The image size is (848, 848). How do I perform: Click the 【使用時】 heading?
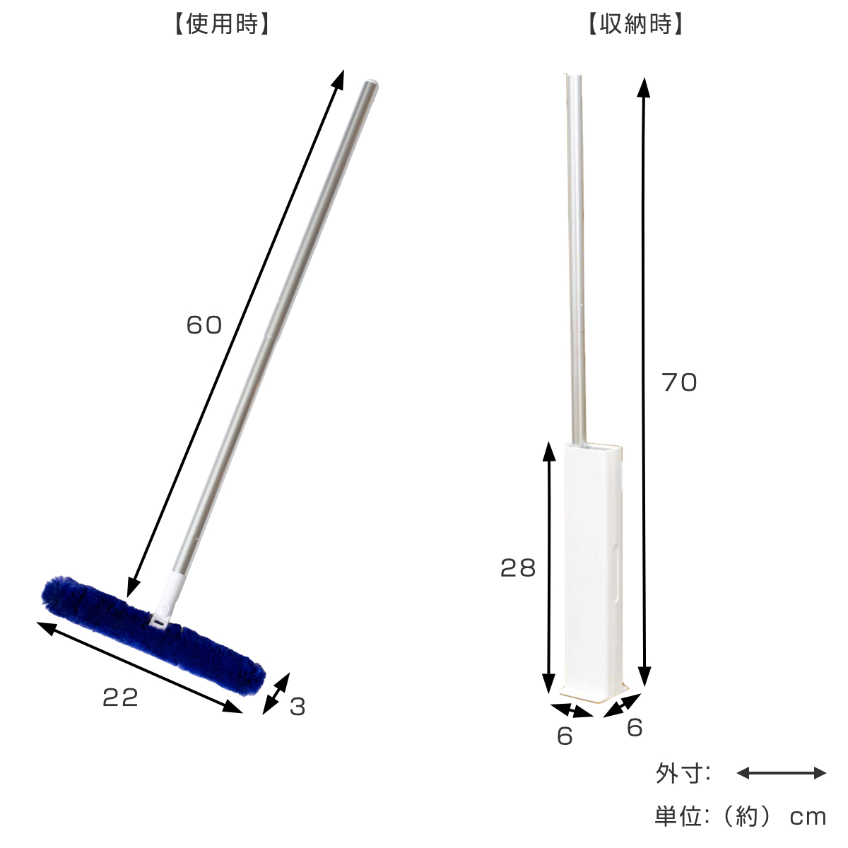point(222,24)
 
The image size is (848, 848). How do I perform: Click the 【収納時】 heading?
point(636,24)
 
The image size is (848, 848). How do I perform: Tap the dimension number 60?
point(204,325)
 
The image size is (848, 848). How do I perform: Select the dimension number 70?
point(679,382)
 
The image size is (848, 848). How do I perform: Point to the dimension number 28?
point(518,567)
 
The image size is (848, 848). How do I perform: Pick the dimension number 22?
point(120,697)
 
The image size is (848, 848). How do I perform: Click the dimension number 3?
point(298,707)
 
